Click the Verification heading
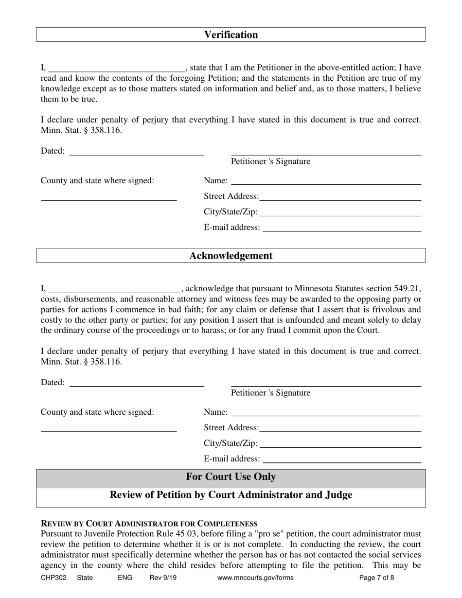pos(231,35)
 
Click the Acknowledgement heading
pos(231,256)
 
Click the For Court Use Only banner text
pos(231,477)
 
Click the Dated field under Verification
pos(137,152)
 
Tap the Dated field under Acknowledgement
pos(137,383)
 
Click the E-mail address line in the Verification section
pos(341,228)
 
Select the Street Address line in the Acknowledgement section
pos(340,428)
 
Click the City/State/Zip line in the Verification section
pos(340,212)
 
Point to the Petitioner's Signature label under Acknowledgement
pos(270,393)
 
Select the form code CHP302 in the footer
pos(53,578)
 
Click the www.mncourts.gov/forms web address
pos(255,578)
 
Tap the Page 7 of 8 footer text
pos(376,578)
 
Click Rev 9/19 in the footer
pos(163,578)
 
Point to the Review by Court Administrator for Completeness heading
pos(149,524)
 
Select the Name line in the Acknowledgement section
pos(326,413)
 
